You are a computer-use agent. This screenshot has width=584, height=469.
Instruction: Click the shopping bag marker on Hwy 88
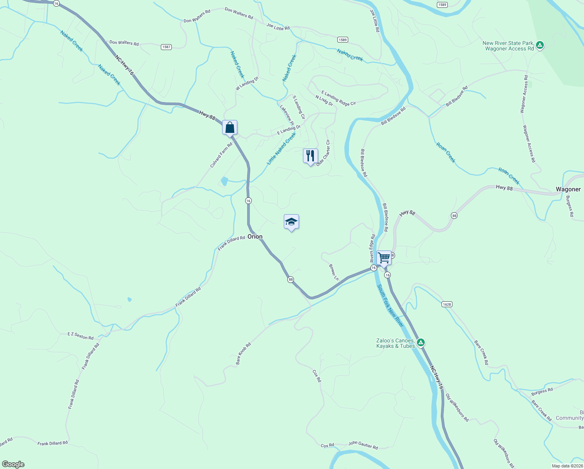point(230,127)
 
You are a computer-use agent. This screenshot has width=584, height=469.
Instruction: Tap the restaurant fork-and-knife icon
point(310,156)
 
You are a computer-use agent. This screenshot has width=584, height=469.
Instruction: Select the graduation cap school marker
point(291,222)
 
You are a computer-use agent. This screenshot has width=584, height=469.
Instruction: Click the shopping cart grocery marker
point(384,258)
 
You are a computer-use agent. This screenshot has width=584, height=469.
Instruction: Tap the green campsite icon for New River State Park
point(540,45)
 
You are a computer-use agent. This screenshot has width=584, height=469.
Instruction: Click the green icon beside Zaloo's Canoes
point(420,343)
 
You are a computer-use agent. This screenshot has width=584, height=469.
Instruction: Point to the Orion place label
point(255,236)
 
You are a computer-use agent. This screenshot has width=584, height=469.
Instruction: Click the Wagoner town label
point(568,189)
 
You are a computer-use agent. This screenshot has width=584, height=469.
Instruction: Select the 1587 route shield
point(166,47)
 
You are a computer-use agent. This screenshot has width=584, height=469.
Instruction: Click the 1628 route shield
point(447,304)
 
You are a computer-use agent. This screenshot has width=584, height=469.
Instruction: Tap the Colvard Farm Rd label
point(221,155)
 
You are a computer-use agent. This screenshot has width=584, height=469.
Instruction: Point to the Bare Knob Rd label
point(243,354)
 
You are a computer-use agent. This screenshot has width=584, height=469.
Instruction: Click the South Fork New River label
point(390,306)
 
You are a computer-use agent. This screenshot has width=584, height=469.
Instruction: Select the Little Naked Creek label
point(281,148)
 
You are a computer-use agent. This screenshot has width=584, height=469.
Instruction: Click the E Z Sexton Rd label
point(80,335)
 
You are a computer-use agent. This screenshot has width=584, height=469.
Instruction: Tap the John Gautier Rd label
point(363,445)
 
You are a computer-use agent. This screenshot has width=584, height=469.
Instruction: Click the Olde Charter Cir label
point(323,153)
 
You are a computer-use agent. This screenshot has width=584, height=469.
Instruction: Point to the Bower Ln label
point(334,272)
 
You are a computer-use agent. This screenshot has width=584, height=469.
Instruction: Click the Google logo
point(13,464)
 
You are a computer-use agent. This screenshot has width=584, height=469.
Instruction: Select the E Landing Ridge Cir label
point(338,98)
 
